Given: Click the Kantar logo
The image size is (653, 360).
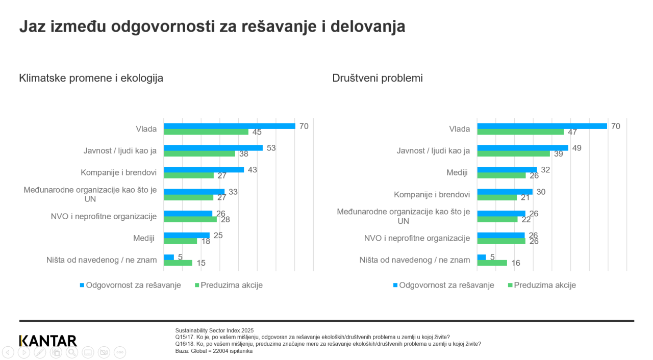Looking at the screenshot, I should pos(48,341).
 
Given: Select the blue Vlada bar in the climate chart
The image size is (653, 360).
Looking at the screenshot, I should pos(229,126).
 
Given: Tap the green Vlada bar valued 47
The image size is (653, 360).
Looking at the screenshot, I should pos(520,132).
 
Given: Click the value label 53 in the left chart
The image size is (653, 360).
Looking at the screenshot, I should pos(271,148).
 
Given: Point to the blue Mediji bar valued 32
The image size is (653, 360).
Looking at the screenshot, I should pos(507,170).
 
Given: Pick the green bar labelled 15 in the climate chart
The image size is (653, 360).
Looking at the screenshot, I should pos(178,263).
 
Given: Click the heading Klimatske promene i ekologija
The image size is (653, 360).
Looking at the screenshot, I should pos(91,78).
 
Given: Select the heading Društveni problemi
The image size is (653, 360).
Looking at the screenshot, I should pos(378,78).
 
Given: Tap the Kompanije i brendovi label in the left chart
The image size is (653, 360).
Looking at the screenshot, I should pos(118,172).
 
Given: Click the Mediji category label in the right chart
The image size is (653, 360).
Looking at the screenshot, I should pos(457,172).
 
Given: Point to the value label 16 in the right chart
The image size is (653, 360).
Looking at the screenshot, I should pos(516,263).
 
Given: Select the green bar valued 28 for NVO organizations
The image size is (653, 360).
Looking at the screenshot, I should pos(190,219).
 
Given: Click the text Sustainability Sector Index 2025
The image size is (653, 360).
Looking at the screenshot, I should pos(214,330).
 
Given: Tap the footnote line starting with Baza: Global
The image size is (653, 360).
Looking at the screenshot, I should pos(214,351).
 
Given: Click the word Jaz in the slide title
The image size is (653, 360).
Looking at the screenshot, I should pos(33,26).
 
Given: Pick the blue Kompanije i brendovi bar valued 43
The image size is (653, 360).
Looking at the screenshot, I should pos(204,170).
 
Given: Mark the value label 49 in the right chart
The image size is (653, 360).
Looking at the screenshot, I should pos(576,148).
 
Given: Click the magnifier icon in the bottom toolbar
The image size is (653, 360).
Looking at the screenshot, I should pos(72,352).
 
